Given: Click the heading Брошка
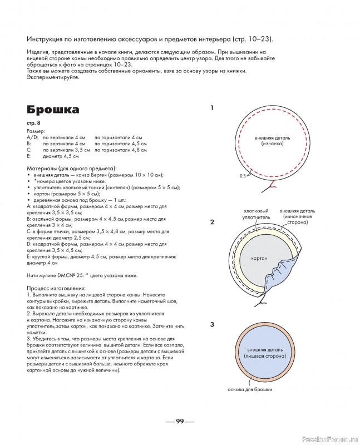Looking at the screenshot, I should click(52, 109).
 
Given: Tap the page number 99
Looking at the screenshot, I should click(179, 421).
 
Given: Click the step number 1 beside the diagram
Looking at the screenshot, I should click(212, 108).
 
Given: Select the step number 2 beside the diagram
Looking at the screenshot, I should click(212, 222).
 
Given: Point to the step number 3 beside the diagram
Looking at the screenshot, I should click(212, 324).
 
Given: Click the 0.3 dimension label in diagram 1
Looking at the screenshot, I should click(242, 176).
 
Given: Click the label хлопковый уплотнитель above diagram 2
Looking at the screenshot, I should click(257, 215).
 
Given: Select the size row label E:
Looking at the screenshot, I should click(29, 156).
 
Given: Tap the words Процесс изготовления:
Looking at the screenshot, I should click(56, 288).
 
